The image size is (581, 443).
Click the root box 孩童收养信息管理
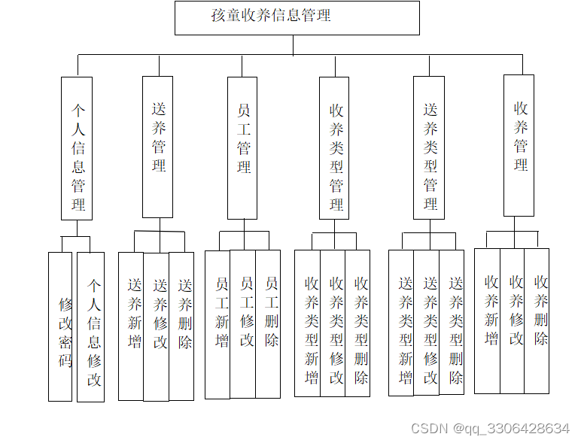click(297, 17)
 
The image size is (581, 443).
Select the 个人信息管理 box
click(77, 148)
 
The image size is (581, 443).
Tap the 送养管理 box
click(158, 147)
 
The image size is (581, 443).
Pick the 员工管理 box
click(243, 148)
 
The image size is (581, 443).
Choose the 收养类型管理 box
click(335, 148)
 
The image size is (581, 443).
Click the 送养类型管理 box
click(429, 148)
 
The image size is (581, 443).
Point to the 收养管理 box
click(519, 145)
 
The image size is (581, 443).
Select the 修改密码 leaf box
click(61, 326)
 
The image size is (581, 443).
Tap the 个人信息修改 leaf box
click(91, 326)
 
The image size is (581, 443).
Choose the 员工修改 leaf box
click(243, 323)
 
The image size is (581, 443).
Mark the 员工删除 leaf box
click(269, 323)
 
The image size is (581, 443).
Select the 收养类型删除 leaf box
click(358, 323)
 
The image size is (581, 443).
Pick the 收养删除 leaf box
click(537, 320)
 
